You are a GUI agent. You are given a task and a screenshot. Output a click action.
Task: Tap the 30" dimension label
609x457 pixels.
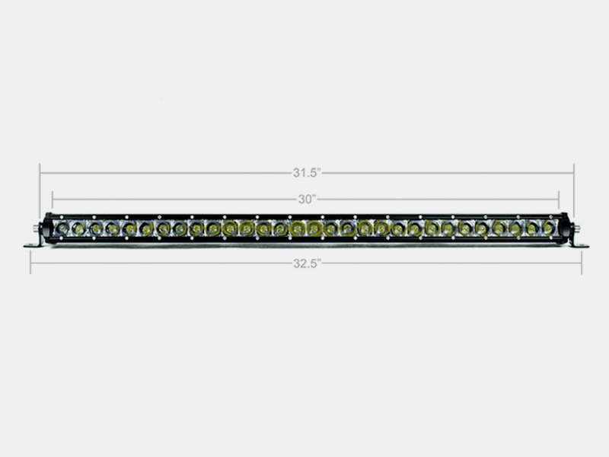(x=307, y=200)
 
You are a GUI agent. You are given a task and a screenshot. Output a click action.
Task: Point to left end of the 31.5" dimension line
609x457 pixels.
(x=40, y=173)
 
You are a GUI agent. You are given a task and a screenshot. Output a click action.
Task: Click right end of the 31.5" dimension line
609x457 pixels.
(x=574, y=173)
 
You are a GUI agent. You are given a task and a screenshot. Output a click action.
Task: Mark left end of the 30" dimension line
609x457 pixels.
(x=53, y=200)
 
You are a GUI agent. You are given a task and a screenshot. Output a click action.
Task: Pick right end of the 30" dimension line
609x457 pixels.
(x=559, y=200)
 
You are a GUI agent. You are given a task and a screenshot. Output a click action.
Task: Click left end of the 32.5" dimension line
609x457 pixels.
(x=30, y=263)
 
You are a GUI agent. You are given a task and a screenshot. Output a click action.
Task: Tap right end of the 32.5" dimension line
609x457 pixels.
(x=582, y=263)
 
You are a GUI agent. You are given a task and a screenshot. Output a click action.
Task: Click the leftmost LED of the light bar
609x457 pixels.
(x=61, y=227)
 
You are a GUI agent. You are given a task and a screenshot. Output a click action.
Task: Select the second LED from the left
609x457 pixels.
(x=78, y=227)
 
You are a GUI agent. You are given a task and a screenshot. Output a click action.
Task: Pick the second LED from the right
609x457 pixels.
(x=531, y=227)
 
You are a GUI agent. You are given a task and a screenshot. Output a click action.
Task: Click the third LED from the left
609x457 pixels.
(x=94, y=227)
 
